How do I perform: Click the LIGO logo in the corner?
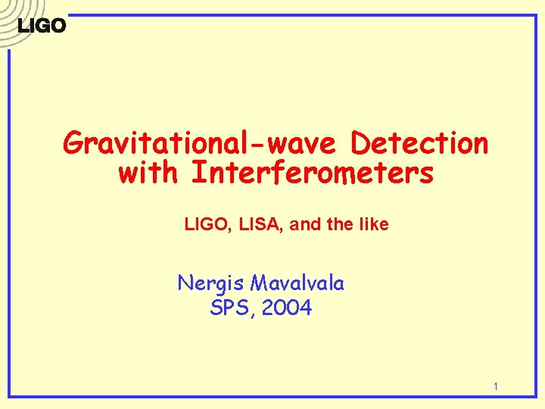point(42,25)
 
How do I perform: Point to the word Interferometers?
point(313,173)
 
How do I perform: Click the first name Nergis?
point(211,284)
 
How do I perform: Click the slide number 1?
point(495,387)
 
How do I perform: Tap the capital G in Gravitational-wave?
point(74,142)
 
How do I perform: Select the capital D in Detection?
point(361,142)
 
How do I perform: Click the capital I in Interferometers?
point(198,173)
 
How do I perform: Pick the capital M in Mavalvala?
point(259,284)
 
